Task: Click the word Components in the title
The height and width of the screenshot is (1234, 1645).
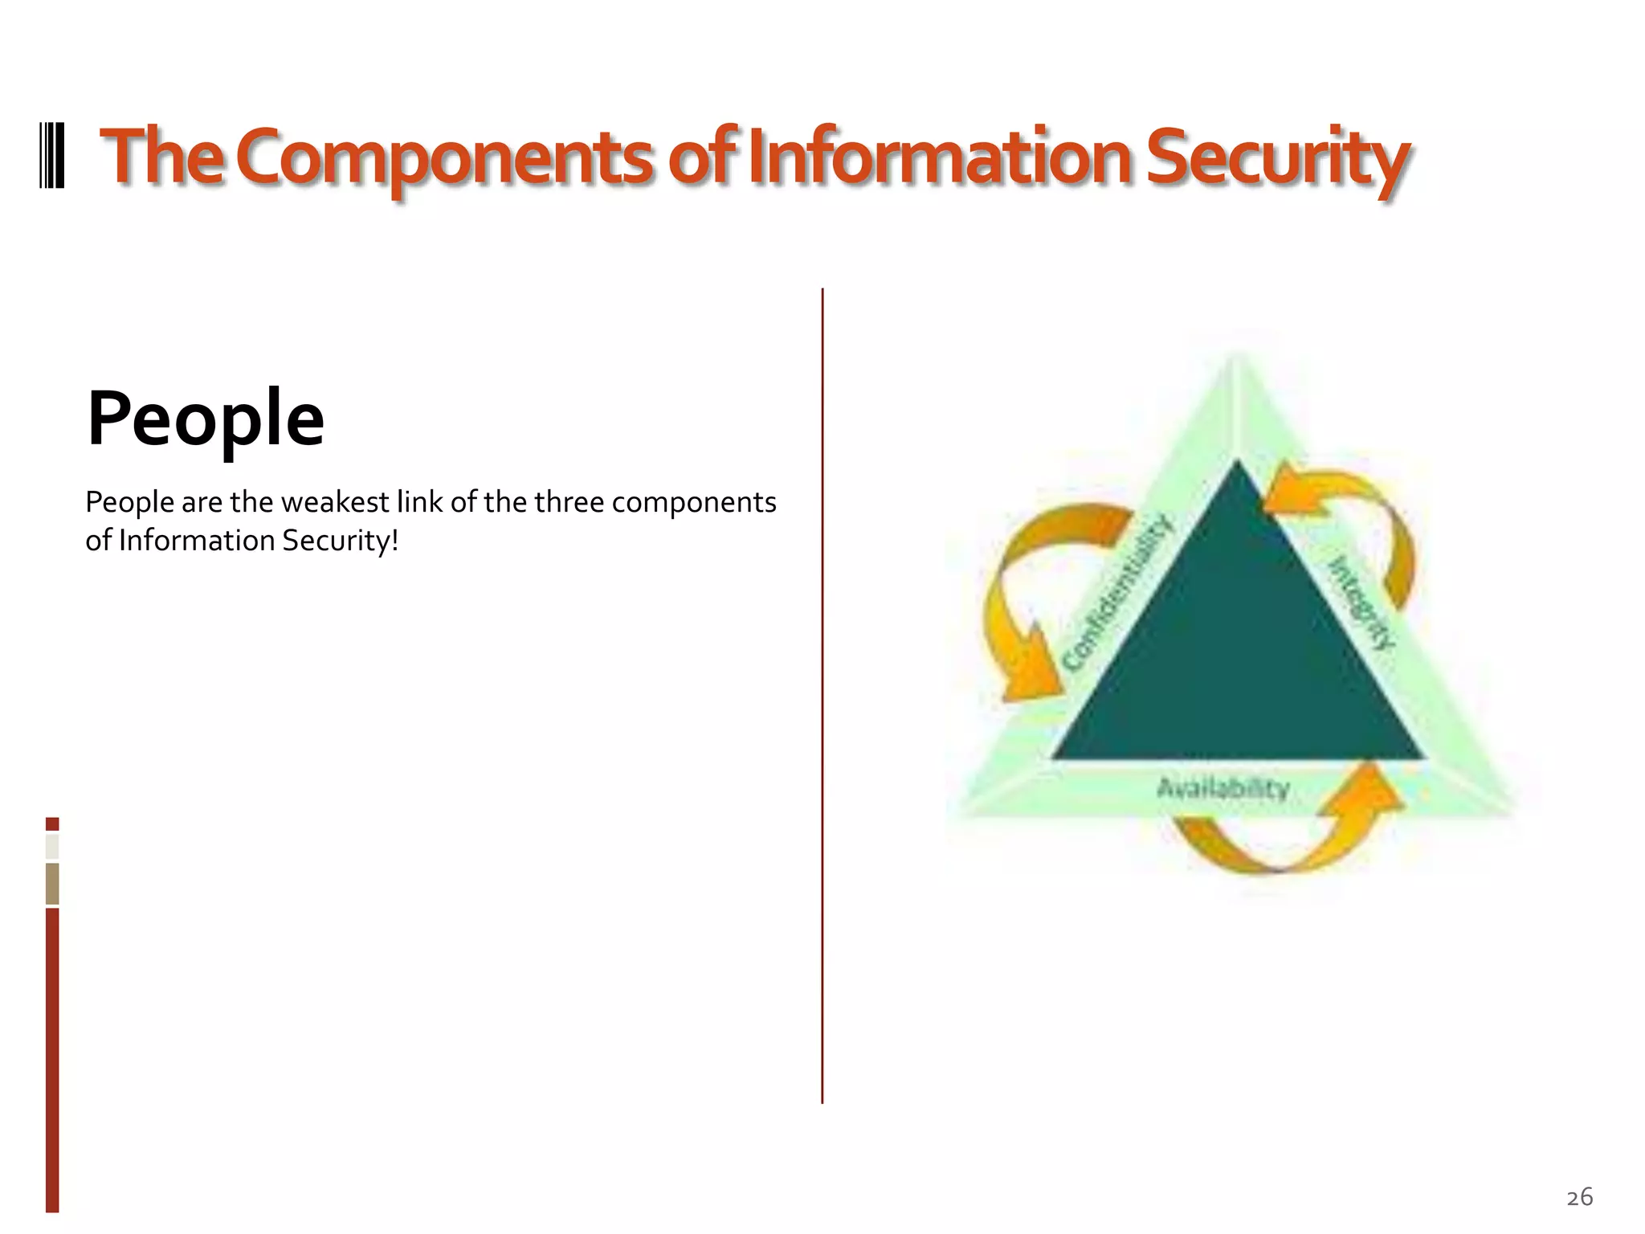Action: coord(444,157)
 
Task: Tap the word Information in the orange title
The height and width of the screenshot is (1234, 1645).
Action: coord(939,157)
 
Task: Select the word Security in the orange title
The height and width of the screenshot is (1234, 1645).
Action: coord(1277,157)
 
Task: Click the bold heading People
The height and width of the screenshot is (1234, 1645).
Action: coord(206,419)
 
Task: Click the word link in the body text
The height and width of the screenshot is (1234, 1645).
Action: coord(419,502)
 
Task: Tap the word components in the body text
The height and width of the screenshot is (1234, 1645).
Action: coord(694,502)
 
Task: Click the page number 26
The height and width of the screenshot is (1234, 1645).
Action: coord(1579,1197)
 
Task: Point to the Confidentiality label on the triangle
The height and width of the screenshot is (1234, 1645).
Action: coord(1117,594)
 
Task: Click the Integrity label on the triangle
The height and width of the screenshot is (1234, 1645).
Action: coord(1363,603)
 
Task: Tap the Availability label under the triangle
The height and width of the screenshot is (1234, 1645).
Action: coord(1223,787)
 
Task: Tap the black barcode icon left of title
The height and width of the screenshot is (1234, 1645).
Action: coord(52,156)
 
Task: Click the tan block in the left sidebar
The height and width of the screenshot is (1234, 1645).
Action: coord(52,883)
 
